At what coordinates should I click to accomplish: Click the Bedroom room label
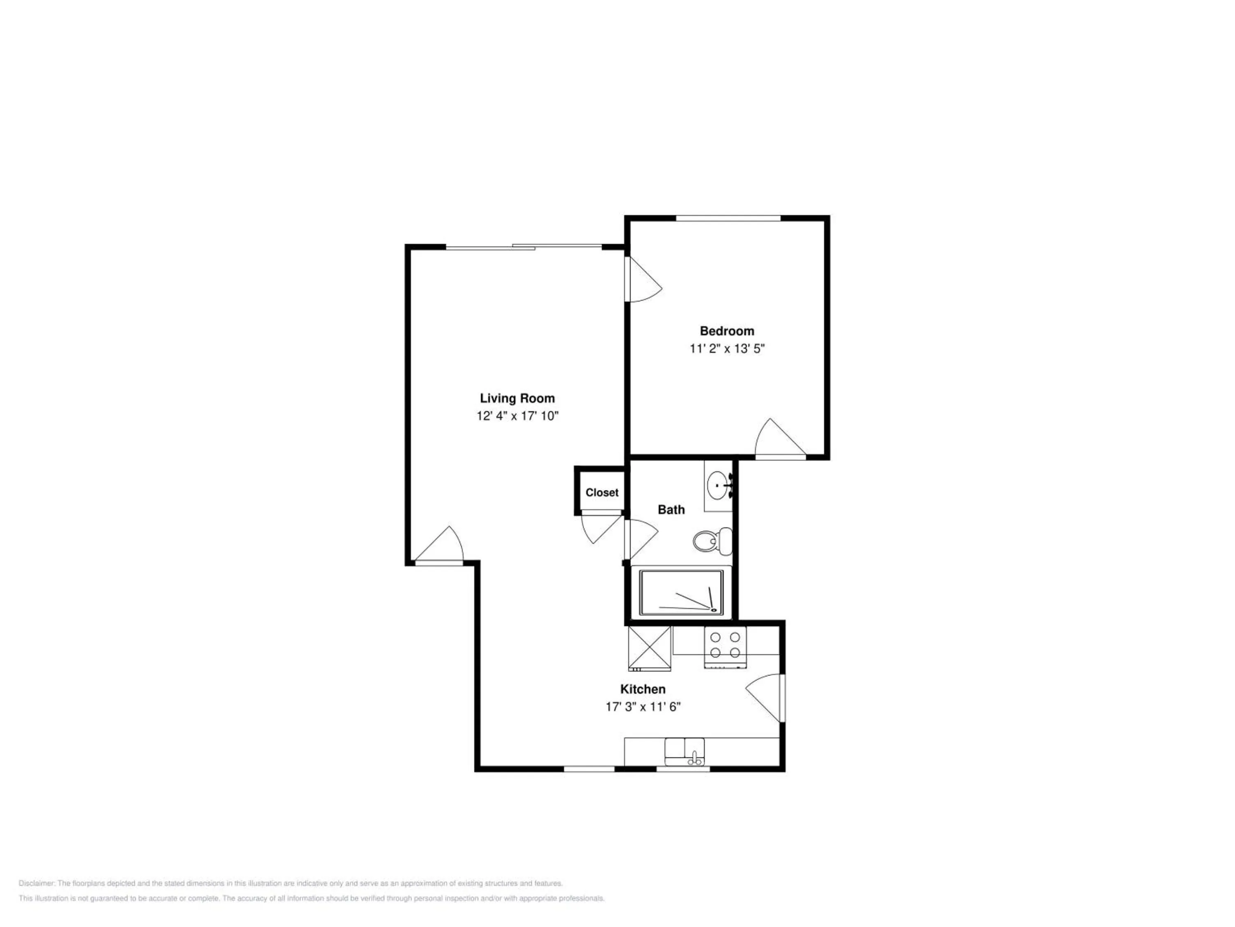coord(727,331)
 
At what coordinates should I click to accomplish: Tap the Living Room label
coord(517,398)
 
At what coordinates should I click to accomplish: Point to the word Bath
coord(671,510)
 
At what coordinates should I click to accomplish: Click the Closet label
coord(602,493)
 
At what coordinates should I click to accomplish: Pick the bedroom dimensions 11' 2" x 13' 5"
coord(727,349)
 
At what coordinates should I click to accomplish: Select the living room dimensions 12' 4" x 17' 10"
coord(517,416)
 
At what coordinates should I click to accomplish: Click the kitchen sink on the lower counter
coord(685,751)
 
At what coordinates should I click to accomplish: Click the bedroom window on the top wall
coord(728,218)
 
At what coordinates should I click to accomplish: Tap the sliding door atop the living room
coord(524,246)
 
